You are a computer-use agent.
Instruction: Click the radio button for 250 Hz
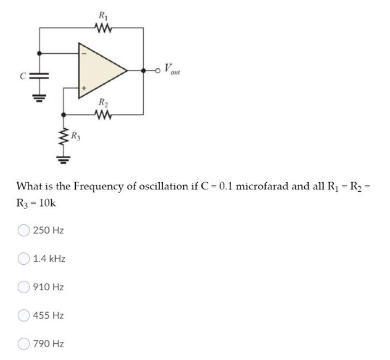[24, 230]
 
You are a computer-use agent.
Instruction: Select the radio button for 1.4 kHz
[24, 259]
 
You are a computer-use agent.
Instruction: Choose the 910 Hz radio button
[24, 287]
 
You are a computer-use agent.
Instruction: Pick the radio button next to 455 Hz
[24, 315]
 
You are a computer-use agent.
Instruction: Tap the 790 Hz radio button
[24, 344]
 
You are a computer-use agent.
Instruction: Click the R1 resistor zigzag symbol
[103, 26]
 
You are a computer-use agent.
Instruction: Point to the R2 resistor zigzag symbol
[103, 114]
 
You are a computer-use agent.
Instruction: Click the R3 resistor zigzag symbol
[62, 137]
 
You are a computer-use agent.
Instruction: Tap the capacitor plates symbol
[38, 74]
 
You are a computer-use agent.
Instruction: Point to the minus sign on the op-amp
[85, 53]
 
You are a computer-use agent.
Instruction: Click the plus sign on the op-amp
[85, 88]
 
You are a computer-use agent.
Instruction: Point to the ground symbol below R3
[62, 160]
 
